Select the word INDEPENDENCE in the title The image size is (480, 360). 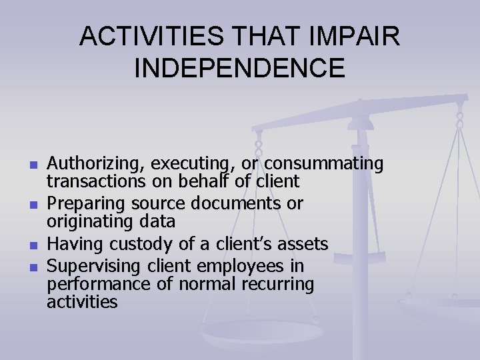[240, 67]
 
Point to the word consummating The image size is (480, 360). [324, 163]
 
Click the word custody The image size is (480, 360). [143, 243]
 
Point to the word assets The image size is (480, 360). [305, 243]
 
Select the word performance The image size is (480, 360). [93, 284]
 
